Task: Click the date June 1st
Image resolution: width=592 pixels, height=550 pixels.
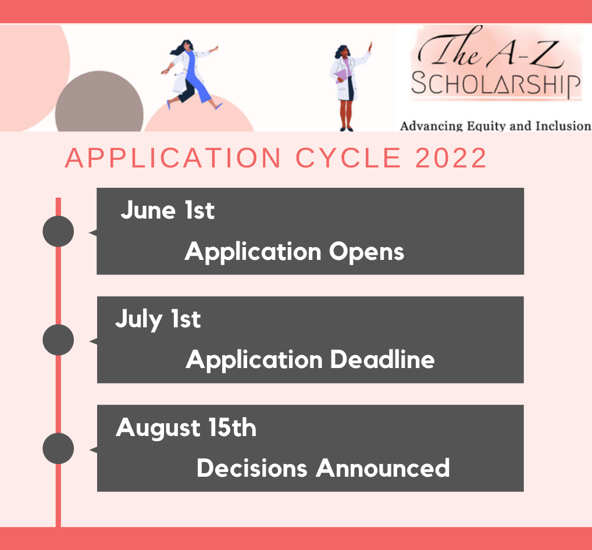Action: pos(167,210)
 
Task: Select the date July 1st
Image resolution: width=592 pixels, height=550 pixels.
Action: pos(158,319)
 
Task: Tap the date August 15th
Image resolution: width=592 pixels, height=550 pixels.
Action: pos(186,428)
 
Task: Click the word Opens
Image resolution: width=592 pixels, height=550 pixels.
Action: pos(366,252)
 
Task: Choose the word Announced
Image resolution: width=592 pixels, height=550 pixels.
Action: pos(383,468)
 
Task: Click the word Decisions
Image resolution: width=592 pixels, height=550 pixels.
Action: pos(252,468)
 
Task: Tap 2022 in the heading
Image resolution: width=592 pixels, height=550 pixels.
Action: pos(451,158)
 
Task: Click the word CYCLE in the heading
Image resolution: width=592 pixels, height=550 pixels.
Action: pos(348,158)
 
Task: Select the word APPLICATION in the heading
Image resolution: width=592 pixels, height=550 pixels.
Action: pos(173,158)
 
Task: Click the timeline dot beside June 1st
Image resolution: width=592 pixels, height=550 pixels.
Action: pos(58,231)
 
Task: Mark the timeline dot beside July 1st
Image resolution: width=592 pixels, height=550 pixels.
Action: pos(58,340)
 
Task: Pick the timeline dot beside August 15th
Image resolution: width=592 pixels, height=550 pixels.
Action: pos(58,448)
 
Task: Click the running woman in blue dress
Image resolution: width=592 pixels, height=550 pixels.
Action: pos(191,76)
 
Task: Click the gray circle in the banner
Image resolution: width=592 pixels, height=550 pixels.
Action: pos(99,102)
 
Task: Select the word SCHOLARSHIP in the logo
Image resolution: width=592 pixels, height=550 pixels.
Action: pos(495,84)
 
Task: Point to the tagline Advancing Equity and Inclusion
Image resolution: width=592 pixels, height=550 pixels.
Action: pos(495,126)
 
